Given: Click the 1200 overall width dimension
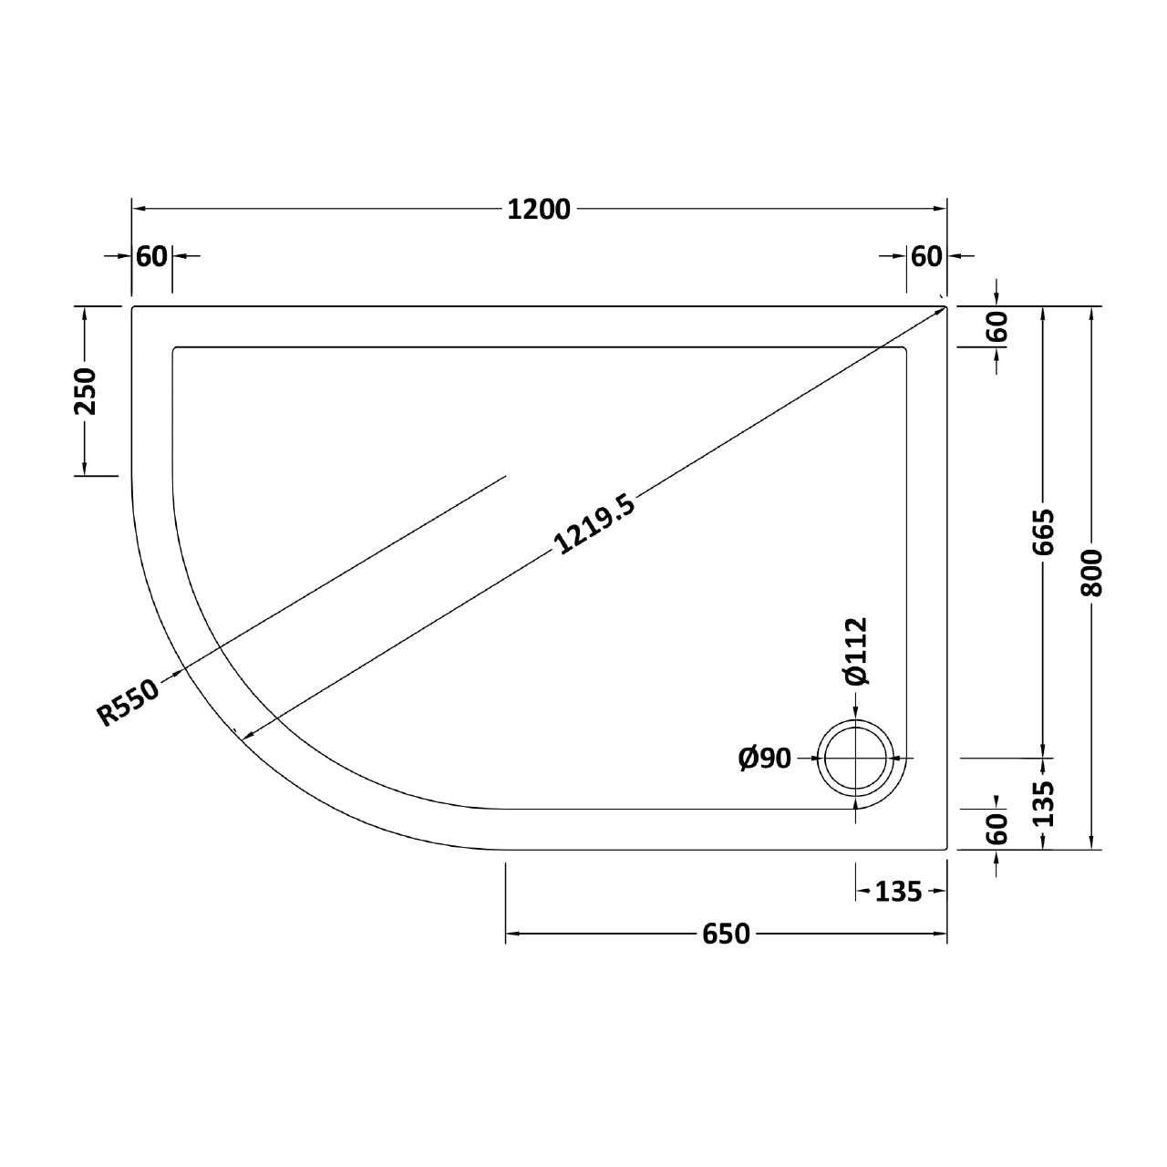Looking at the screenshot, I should [539, 210].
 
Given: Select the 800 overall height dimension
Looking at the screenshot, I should [1091, 573].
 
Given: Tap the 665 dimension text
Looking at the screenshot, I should [1044, 532].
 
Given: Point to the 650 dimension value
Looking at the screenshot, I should [726, 935].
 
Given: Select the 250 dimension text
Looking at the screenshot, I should [84, 391].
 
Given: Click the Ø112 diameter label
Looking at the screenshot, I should [856, 651].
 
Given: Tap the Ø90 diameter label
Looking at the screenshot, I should [765, 758].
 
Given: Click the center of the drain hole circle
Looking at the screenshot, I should [856, 758].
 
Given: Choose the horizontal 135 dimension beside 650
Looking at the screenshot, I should [898, 892].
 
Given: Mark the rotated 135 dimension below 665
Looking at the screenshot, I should [1044, 803].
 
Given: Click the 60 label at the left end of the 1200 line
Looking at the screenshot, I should [151, 257].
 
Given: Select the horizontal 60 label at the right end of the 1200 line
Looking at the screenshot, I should [925, 257].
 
